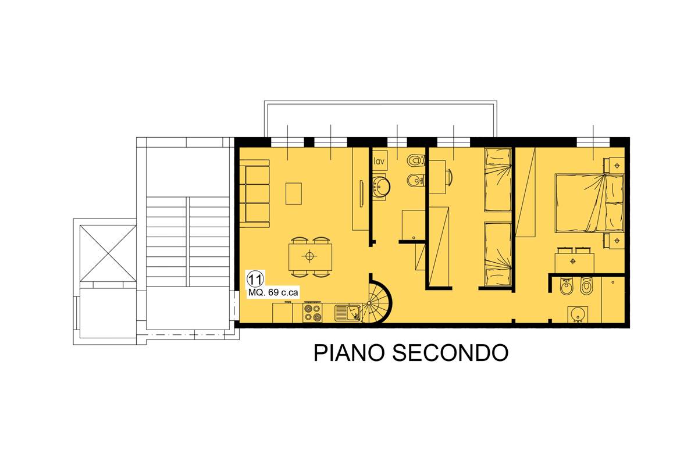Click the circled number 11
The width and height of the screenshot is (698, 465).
254,277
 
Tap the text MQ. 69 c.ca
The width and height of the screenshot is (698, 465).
273,293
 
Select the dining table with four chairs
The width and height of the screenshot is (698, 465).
311,256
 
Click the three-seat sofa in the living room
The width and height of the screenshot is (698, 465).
257,194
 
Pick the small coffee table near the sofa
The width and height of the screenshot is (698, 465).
294,194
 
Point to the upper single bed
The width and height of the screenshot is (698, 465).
498,180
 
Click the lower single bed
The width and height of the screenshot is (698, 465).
498,255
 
